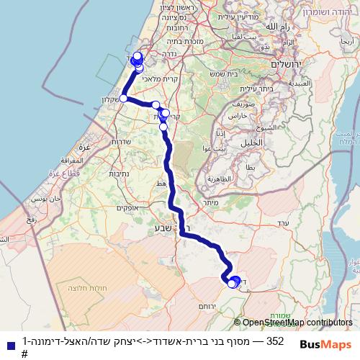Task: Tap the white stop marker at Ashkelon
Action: click(124, 98)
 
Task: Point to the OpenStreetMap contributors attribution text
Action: click(297, 323)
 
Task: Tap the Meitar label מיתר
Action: click(211, 204)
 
